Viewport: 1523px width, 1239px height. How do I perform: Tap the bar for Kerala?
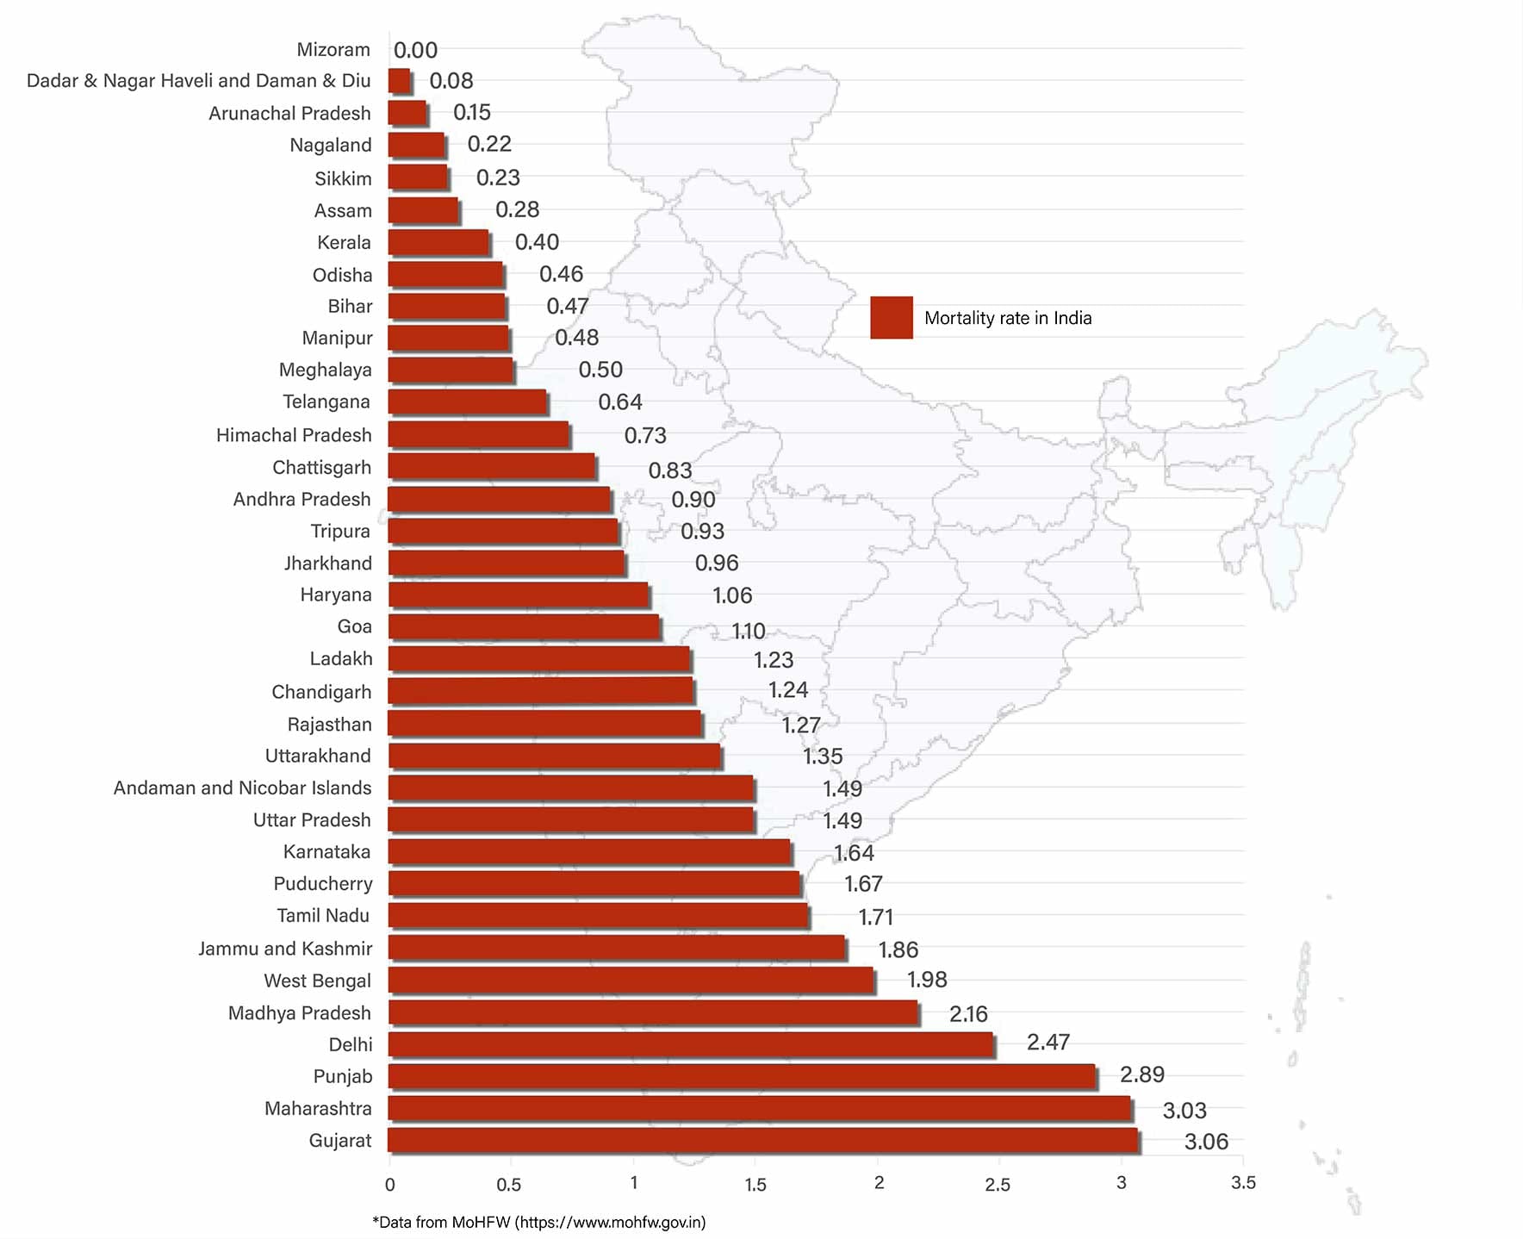438,242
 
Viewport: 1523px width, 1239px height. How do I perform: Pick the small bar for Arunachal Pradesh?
407,113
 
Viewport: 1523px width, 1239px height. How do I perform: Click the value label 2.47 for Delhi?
1047,1043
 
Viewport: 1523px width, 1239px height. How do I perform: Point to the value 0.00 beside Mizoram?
415,50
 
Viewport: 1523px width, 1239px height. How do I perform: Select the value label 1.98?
927,980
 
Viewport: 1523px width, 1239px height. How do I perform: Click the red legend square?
891,317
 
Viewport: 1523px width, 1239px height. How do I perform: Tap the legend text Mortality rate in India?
1007,318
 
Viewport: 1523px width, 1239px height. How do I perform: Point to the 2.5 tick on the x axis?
998,1185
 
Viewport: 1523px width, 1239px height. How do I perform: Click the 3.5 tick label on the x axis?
1243,1183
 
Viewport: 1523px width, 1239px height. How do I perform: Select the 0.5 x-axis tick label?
509,1185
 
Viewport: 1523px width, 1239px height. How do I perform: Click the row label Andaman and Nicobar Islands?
242,788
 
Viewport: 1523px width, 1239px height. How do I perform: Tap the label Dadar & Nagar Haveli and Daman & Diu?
198,81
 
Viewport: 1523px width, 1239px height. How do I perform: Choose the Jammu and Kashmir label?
285,949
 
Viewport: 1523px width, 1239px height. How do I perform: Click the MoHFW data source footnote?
539,1222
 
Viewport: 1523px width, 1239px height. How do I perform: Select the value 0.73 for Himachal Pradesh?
645,435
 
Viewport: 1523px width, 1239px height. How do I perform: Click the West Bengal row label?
317,981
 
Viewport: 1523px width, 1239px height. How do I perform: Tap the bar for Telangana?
467,402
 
